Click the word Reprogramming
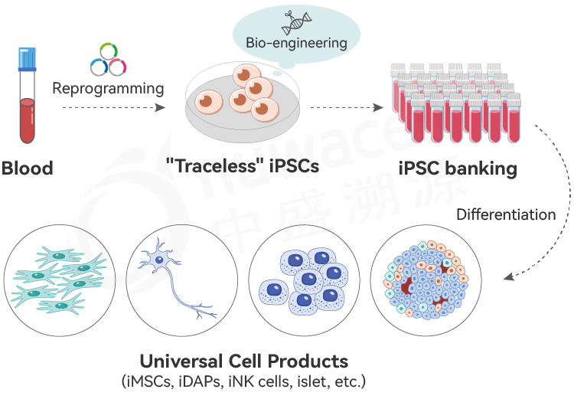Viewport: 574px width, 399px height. [x=108, y=88]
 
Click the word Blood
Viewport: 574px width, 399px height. [x=28, y=168]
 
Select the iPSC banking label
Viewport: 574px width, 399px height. [x=458, y=167]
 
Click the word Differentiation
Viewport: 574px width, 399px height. [x=506, y=214]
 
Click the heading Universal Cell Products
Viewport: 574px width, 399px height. [x=243, y=361]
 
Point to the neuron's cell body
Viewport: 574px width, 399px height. [x=160, y=260]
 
